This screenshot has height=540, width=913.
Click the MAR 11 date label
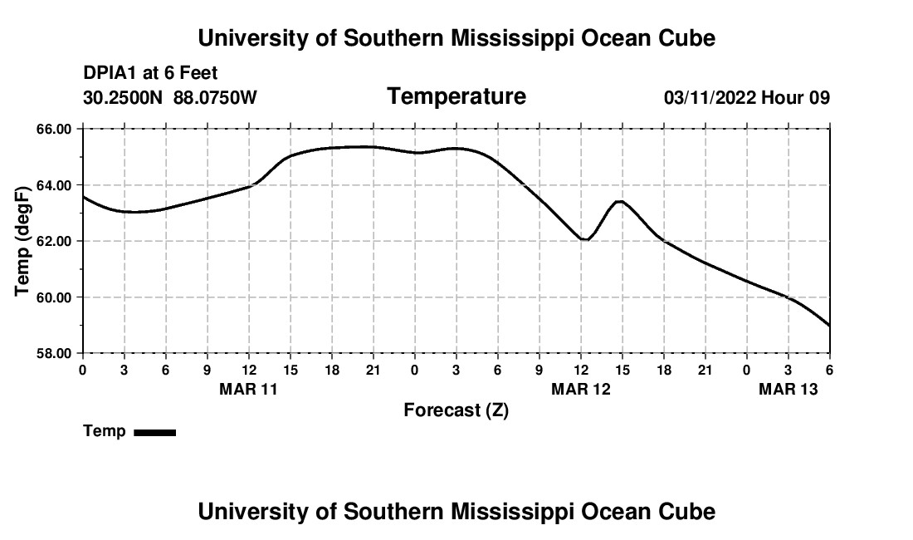(248, 388)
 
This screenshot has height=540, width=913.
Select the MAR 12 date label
(580, 388)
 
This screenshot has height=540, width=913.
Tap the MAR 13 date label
(788, 388)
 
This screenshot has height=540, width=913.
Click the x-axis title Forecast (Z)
(456, 410)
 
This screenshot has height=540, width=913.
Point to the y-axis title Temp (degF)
(22, 241)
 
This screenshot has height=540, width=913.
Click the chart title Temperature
(456, 96)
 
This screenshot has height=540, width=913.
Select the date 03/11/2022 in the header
(710, 98)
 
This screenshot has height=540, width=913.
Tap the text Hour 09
(796, 98)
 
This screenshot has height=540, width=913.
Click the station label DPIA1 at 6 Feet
(150, 74)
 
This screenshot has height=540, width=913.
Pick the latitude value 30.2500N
(124, 98)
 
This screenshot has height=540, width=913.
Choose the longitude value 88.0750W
(215, 98)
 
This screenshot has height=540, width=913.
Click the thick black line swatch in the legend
(154, 432)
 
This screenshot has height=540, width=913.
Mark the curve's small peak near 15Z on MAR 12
(619, 201)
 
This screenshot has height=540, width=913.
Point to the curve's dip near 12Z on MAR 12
(586, 239)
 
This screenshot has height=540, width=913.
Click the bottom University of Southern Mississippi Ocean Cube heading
(456, 512)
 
